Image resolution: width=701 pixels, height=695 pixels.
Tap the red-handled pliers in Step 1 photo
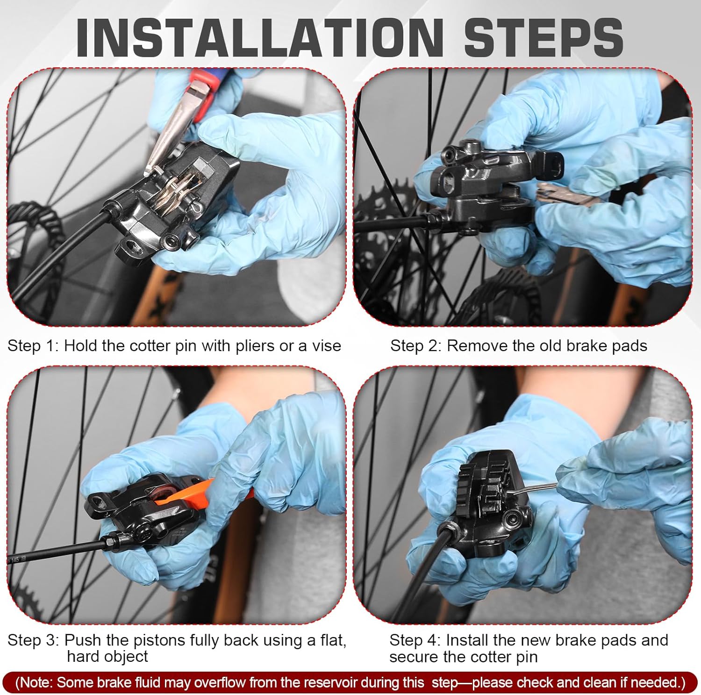pos(187,112)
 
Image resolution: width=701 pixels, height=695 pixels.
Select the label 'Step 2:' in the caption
pos(416,346)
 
